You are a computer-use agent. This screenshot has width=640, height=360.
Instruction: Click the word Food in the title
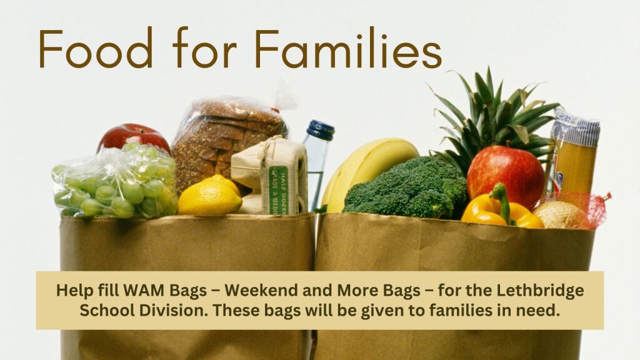(96, 47)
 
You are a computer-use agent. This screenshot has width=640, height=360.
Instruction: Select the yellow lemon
(210, 196)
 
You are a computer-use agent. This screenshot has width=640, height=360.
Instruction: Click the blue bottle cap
(321, 130)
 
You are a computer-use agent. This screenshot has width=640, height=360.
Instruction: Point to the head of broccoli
(405, 187)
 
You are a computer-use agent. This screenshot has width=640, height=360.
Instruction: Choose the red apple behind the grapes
(133, 137)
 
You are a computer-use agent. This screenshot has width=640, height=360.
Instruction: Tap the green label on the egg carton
(278, 190)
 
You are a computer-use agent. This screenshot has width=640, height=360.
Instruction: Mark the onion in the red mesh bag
(563, 214)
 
